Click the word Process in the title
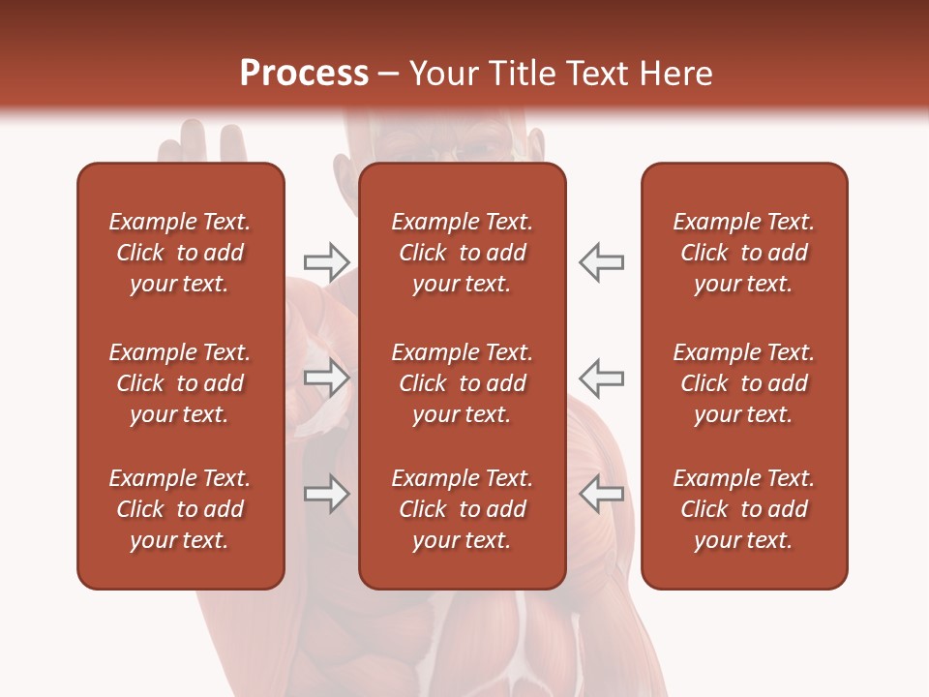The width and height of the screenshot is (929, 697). click(304, 74)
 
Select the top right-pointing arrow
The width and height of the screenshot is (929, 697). click(326, 261)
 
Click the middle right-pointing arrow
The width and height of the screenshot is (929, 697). click(326, 379)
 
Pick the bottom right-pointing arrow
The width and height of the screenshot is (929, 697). click(326, 494)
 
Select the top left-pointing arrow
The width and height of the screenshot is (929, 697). click(601, 261)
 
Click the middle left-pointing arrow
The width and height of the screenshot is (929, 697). click(601, 379)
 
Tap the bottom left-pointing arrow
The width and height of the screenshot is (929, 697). click(601, 494)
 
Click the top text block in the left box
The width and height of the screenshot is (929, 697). click(180, 253)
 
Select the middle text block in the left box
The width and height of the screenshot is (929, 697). click(180, 383)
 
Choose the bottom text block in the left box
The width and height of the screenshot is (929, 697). click(180, 509)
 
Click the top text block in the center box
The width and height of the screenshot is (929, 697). click(462, 253)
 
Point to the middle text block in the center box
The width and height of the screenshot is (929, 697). click(462, 383)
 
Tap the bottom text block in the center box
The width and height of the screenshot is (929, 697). click(462, 509)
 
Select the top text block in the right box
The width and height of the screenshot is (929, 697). click(743, 253)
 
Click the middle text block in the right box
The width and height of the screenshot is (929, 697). click(743, 383)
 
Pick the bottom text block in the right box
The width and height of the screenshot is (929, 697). click(743, 509)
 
